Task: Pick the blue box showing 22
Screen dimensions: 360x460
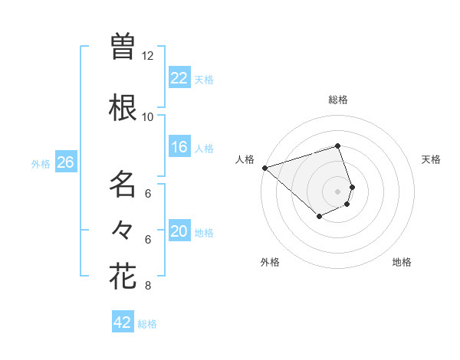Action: pos(179,78)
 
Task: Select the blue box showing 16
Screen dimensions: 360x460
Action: pos(179,147)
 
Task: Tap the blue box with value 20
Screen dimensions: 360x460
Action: pos(179,231)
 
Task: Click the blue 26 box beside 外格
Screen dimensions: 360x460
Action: pos(65,162)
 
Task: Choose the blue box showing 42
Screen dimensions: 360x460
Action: pos(123,322)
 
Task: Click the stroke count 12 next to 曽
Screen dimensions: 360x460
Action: pos(148,56)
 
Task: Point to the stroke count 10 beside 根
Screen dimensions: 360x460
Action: pos(148,116)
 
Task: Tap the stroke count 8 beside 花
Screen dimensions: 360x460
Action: pos(148,286)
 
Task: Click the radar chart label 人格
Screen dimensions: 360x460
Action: pos(245,159)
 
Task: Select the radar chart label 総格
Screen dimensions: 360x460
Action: pos(338,100)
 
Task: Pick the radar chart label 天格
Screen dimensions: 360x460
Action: pos(431,159)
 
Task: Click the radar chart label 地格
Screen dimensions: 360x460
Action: pos(402,262)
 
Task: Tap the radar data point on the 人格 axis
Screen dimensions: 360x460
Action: pos(264,167)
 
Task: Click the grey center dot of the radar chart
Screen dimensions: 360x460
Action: pos(338,191)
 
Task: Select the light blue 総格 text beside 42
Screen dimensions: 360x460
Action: pos(148,324)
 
